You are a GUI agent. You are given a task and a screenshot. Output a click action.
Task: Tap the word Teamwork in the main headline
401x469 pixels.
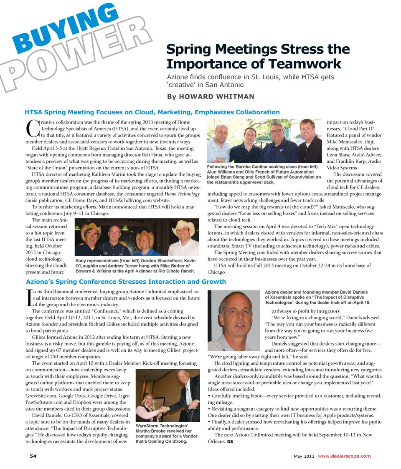[306, 64]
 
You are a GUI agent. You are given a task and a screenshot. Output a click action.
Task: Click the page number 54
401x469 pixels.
[33, 456]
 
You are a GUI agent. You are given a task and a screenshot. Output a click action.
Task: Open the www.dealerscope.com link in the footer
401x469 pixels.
[344, 456]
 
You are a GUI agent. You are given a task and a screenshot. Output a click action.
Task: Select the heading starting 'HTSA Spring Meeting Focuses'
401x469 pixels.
[152, 112]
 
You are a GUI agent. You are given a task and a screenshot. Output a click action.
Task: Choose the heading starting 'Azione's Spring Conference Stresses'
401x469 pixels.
[126, 281]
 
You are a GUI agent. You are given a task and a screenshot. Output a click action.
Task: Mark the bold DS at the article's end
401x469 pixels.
[230, 442]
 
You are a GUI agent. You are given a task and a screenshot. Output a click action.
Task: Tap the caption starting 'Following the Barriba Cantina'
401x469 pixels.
[264, 174]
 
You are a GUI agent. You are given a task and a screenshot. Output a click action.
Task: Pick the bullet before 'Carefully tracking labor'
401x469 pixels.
[209, 395]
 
